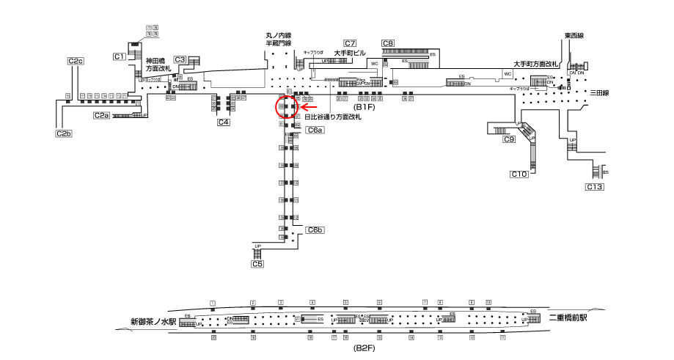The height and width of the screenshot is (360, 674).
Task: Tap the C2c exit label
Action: coord(75,61)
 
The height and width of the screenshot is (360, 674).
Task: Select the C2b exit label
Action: coord(64,133)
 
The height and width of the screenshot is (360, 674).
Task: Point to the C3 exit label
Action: coord(180,59)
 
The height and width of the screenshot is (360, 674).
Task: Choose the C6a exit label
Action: coord(315,130)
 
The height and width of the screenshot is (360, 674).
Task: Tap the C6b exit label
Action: coord(315,230)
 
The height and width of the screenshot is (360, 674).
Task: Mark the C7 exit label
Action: coord(350,43)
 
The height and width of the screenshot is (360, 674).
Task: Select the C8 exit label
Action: coord(388,43)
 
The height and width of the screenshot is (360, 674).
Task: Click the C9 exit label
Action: coord(508,139)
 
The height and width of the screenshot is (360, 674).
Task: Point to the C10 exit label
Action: coord(519,174)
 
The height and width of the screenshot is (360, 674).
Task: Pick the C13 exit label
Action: coord(594,188)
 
